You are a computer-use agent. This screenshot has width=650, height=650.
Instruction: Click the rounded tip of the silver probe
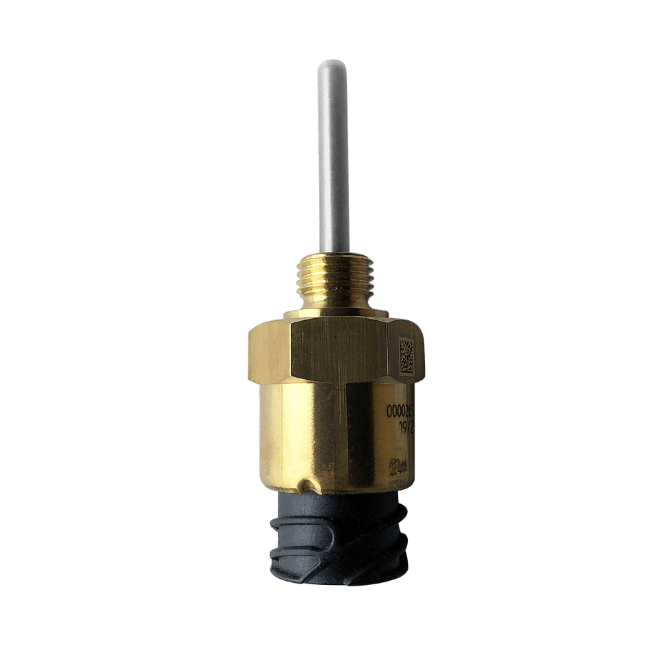coord(332,65)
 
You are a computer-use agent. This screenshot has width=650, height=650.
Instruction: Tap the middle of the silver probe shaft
coord(333,157)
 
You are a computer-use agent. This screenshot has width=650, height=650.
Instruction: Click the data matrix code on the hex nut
coord(406,356)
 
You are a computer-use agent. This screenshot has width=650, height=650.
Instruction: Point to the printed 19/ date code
coord(405,426)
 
